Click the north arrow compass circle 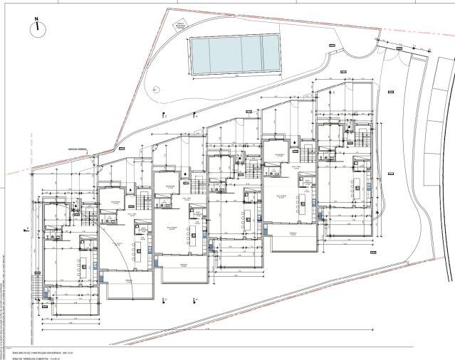coord(36,29)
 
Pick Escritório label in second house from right coord(279,154)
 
